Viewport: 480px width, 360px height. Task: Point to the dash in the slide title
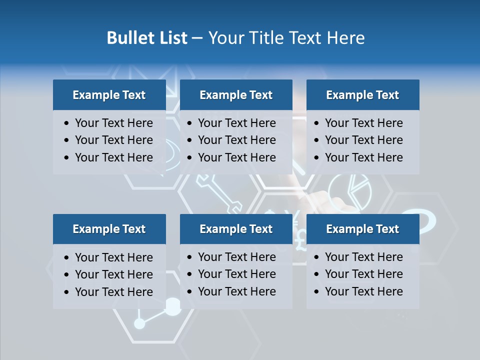[x=197, y=38]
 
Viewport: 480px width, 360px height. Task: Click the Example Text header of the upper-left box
[x=109, y=95]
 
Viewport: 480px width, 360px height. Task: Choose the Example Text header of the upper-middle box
[x=236, y=95]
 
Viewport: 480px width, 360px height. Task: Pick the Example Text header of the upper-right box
[x=362, y=95]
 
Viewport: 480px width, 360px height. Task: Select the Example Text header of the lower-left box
[x=109, y=229]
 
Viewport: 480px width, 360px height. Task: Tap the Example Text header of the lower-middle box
[x=236, y=229]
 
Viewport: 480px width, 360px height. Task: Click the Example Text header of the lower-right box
[x=362, y=229]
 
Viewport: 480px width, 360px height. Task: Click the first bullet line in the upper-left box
[x=113, y=123]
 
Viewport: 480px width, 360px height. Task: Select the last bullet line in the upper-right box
[x=363, y=157]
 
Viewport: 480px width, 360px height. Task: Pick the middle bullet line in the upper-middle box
[x=236, y=140]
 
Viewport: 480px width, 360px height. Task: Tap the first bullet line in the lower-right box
[x=363, y=257]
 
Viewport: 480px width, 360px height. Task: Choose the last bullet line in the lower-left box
[x=113, y=292]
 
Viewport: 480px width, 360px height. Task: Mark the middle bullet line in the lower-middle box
[x=236, y=274]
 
